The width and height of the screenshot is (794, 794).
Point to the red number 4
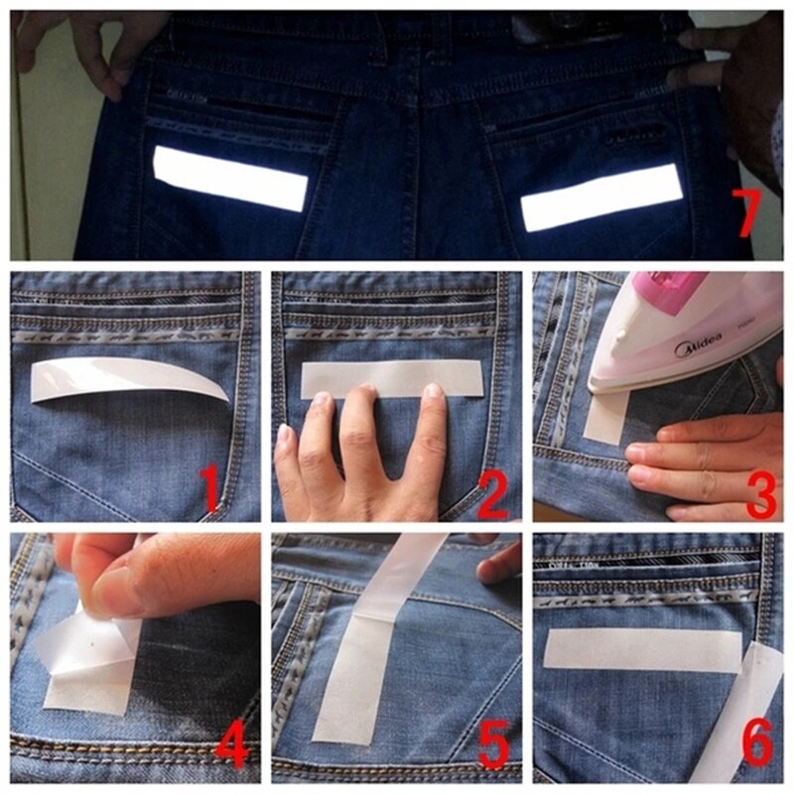[232, 746]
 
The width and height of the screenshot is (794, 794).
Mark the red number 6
[757, 745]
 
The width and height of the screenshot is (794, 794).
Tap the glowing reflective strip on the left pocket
[231, 178]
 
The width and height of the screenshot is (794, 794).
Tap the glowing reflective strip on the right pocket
[601, 197]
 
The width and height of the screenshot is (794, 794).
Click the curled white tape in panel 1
[129, 377]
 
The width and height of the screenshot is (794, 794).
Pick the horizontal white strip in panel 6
[641, 649]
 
